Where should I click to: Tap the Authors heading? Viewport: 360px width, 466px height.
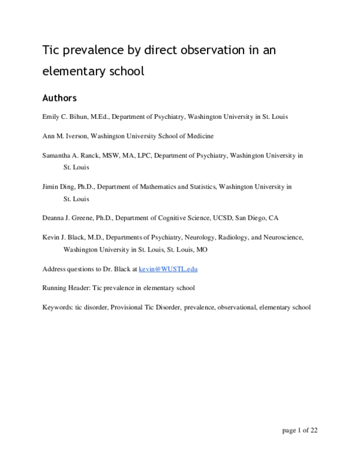click(x=59, y=97)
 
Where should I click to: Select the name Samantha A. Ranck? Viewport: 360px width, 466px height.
click(x=70, y=155)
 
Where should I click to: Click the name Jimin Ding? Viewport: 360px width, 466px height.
click(x=58, y=187)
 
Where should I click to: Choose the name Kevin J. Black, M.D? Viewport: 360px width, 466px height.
click(x=74, y=237)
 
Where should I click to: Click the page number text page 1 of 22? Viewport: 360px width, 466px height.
click(x=299, y=430)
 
